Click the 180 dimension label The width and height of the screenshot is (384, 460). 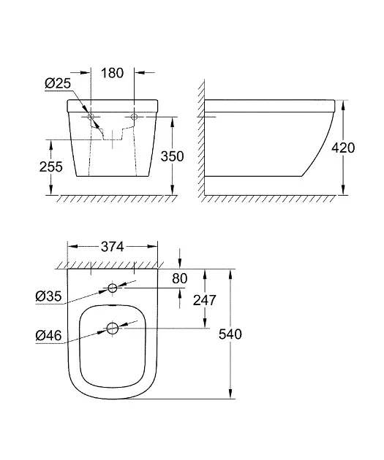pos(112,73)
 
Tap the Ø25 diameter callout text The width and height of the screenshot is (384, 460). pos(58,83)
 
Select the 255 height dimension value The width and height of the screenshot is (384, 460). pos(50,166)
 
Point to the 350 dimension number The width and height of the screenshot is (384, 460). pos(172,156)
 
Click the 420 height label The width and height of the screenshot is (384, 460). pos(343,147)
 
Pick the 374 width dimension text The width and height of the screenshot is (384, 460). pos(113,247)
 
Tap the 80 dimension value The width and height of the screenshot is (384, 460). pos(180,278)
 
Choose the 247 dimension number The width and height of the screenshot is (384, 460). pos(205,300)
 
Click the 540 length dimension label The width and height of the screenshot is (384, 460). pos(230,334)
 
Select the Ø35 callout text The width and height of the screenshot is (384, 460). pos(48,296)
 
